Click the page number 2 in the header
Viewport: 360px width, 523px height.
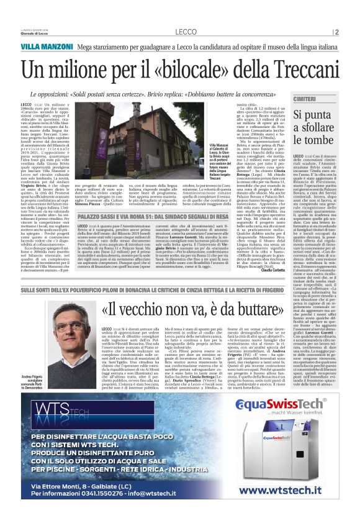pos(336,32)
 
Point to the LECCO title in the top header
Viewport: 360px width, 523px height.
pos(186,31)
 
